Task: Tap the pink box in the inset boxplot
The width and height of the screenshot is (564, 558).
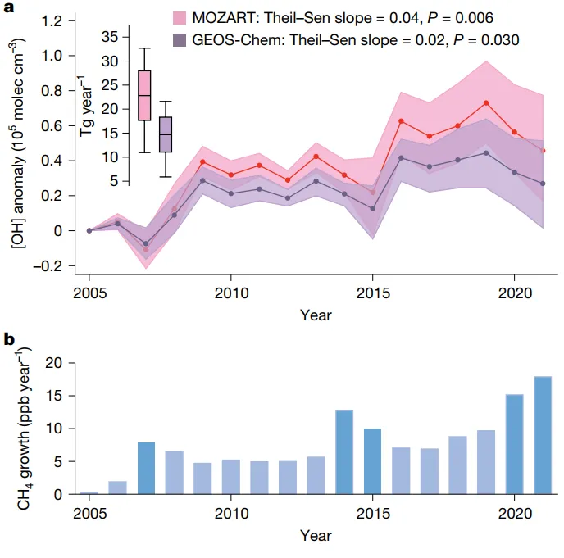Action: click(144, 95)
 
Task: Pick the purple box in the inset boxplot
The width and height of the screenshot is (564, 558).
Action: click(166, 134)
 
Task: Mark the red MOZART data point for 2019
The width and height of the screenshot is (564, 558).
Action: click(486, 102)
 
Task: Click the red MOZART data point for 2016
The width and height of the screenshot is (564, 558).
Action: click(401, 121)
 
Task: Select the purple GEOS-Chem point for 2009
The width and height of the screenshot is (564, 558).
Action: click(202, 180)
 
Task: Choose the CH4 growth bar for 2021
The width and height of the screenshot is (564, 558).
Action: click(543, 435)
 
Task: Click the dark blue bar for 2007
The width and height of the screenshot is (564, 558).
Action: click(145, 468)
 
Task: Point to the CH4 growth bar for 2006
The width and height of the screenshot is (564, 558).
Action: click(117, 488)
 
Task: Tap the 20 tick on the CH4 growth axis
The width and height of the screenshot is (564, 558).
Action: click(55, 363)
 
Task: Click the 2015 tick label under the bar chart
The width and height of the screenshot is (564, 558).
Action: click(372, 512)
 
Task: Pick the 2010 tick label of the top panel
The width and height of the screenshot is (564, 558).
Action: click(230, 293)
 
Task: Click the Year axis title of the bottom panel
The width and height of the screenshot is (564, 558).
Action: click(316, 535)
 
